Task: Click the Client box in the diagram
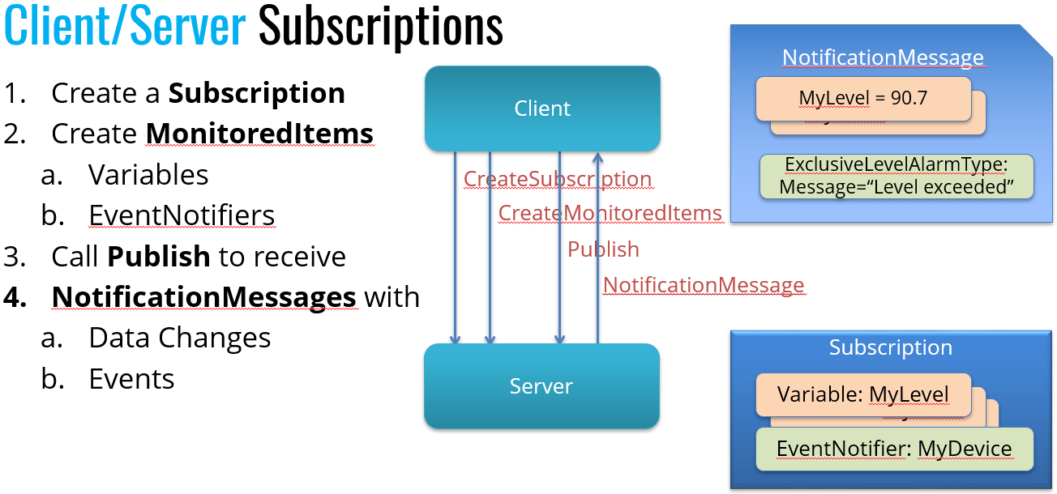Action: (542, 109)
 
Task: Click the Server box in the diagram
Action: (541, 386)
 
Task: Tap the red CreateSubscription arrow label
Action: (557, 179)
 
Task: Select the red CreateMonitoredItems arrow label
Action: (610, 213)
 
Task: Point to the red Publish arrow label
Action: (603, 249)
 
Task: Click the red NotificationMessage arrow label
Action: (703, 285)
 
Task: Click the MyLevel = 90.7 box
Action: (862, 98)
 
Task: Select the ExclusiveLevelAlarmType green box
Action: (897, 177)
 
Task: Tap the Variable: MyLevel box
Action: (862, 394)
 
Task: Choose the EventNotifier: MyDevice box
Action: (894, 449)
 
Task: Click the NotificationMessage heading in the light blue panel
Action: (883, 58)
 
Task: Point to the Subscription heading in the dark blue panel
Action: (890, 347)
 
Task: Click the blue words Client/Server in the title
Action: (125, 27)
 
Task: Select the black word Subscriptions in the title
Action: (380, 27)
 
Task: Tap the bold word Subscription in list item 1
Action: (256, 93)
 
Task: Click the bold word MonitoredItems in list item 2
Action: (259, 134)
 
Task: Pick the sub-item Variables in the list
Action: (148, 175)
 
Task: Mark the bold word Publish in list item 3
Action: (159, 257)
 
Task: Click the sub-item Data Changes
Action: (179, 338)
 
